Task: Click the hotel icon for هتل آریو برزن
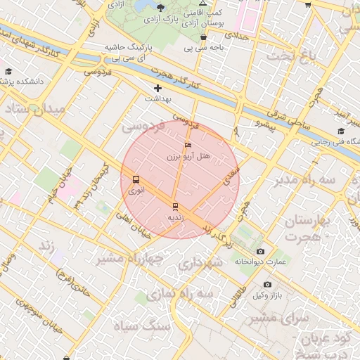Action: tap(187, 145)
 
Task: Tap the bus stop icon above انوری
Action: tap(136, 179)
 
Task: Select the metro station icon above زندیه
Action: tap(175, 206)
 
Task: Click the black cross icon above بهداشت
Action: tap(157, 89)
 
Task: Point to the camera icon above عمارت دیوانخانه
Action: tap(261, 251)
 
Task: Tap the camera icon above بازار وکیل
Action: tap(267, 284)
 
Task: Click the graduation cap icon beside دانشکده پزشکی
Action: tap(8, 71)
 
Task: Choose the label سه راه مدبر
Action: tap(321, 181)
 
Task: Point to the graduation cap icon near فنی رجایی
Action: tap(341, 131)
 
